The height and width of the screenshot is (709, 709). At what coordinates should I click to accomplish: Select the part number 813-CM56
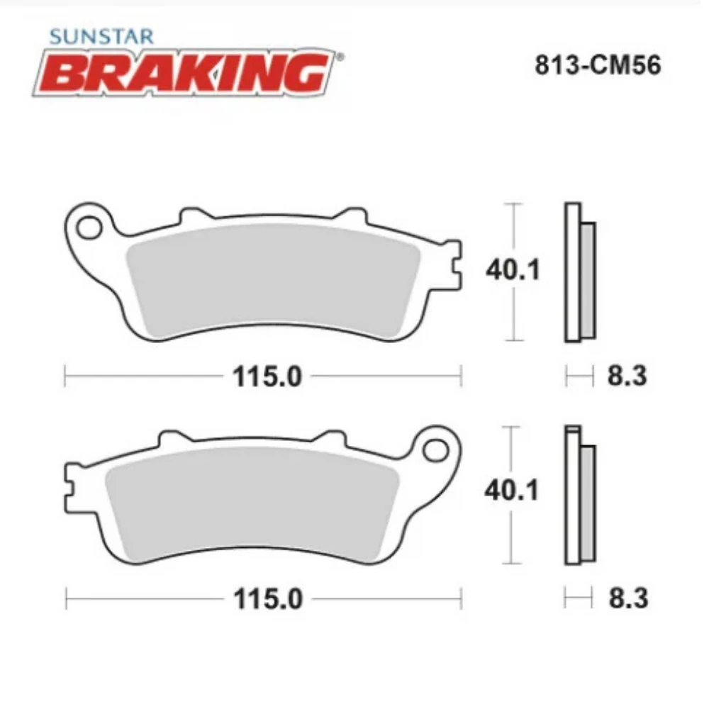(x=598, y=66)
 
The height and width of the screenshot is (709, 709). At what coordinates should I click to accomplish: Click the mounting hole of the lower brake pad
(x=436, y=449)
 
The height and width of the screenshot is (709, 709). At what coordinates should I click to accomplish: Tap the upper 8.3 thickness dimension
(x=627, y=376)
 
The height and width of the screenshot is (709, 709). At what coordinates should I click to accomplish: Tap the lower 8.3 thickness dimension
(x=627, y=598)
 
